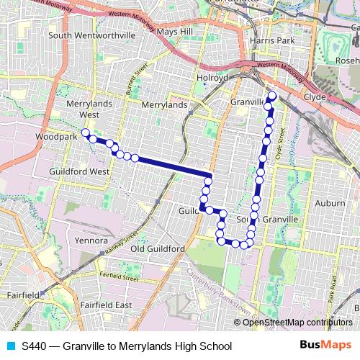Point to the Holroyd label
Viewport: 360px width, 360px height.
coord(212,78)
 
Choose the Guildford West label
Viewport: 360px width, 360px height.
coord(79,172)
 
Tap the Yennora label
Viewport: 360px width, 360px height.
coord(91,240)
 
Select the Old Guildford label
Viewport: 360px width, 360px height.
coord(158,248)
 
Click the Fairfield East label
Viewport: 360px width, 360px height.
coord(106,305)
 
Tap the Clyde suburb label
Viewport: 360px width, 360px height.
coord(315,96)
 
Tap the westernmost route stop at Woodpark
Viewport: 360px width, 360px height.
coord(85,132)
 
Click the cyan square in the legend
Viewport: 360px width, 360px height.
coord(10,346)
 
